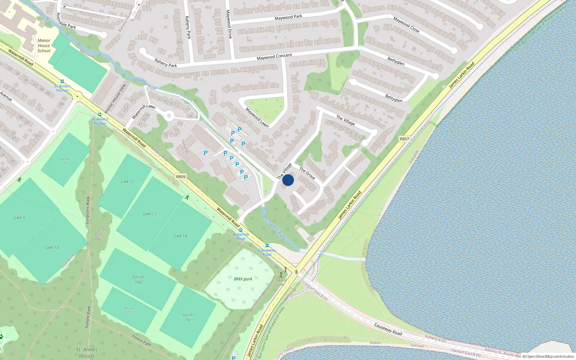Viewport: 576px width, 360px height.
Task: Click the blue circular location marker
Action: point(288,180)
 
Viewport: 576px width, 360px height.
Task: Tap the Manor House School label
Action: point(44,46)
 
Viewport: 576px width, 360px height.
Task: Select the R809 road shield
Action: point(181,177)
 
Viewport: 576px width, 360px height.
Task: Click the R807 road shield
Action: point(404,139)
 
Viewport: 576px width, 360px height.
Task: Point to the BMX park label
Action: point(243,279)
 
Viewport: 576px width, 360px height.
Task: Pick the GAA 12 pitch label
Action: point(127,182)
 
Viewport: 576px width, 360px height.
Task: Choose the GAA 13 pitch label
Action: point(150,214)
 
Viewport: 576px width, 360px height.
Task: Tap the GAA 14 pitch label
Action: point(180,236)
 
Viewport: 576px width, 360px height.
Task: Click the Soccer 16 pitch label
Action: point(188,317)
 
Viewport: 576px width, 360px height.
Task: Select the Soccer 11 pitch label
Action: point(65,161)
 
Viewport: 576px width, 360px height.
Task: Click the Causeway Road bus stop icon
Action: point(267,246)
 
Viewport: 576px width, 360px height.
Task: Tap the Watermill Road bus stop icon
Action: point(240,230)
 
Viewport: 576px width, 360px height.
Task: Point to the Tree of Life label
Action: point(281,282)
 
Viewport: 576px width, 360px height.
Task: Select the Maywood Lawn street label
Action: point(257,117)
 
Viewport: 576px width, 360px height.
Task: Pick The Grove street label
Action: point(307,173)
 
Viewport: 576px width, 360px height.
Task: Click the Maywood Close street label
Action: point(406,24)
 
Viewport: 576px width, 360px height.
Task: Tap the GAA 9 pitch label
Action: point(19,218)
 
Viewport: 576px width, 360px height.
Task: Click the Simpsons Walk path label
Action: point(87,210)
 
